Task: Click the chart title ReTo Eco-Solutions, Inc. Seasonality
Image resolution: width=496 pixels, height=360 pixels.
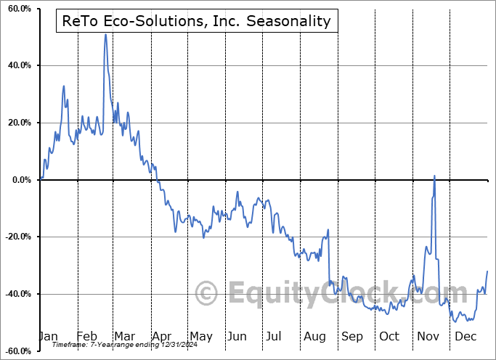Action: [196, 21]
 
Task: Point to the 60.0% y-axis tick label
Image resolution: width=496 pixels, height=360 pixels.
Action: [18, 9]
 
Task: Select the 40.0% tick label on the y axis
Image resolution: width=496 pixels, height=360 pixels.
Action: [18, 66]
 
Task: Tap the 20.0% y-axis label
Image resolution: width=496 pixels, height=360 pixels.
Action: [18, 123]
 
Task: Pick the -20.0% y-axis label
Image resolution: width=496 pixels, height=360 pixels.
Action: [17, 237]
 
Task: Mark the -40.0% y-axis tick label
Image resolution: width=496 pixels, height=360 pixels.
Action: [17, 294]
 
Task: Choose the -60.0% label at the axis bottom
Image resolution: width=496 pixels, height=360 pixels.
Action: [17, 351]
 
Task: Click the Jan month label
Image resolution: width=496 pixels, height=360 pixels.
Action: [49, 337]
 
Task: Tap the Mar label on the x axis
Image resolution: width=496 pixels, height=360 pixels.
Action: [124, 337]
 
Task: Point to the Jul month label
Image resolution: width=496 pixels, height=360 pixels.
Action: [275, 337]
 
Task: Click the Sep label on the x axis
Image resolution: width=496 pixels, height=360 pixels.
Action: [351, 337]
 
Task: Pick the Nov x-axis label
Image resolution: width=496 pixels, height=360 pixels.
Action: [427, 337]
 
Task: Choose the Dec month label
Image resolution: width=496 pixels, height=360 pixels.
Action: [465, 337]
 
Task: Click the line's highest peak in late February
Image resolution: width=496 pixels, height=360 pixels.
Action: [105, 34]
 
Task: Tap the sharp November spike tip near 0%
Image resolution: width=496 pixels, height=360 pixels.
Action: [434, 176]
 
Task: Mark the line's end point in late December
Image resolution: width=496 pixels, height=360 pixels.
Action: [487, 271]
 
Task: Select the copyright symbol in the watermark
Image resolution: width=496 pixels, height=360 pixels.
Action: [207, 293]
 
